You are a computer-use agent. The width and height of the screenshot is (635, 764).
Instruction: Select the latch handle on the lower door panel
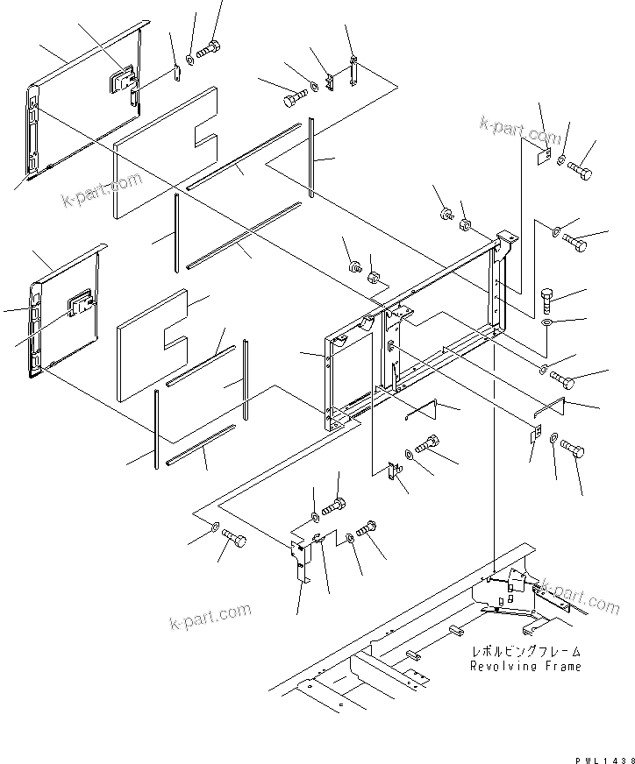[81, 304]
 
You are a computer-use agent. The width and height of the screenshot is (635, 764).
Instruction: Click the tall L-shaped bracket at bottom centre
[301, 559]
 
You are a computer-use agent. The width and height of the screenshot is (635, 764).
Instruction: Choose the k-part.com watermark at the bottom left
[210, 617]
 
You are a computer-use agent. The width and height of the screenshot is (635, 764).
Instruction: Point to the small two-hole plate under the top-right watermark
[543, 154]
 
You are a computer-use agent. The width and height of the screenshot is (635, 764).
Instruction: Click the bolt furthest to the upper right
[580, 170]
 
